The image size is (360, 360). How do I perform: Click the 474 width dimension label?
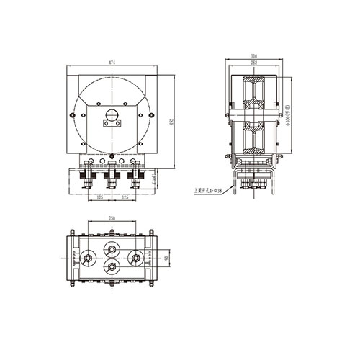tap(112, 64)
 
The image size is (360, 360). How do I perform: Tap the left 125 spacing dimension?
tap(100, 196)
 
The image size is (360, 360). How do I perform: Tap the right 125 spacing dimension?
tap(125, 196)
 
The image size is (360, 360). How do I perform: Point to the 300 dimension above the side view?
tap(253, 56)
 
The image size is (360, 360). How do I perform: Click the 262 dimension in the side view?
tap(253, 63)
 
